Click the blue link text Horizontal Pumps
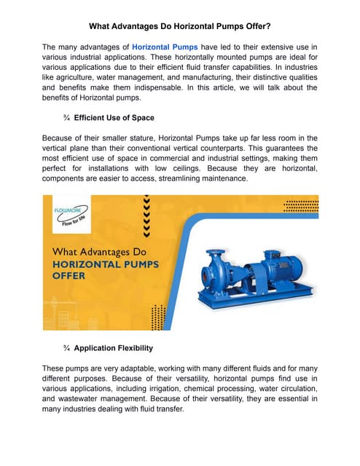tap(165, 47)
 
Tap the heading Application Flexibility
tap(114, 348)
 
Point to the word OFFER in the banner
tap(68, 277)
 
